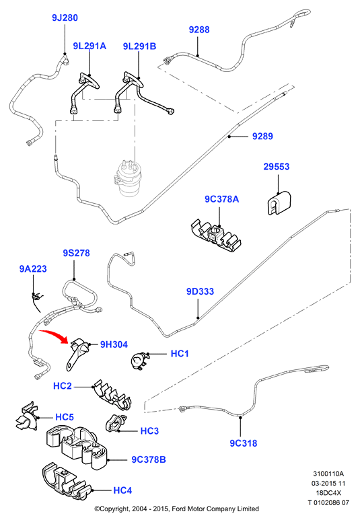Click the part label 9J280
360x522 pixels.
(65, 17)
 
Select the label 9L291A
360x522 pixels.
(89, 46)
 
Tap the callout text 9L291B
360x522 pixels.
(139, 46)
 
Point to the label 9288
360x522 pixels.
(199, 30)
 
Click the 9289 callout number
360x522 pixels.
(262, 136)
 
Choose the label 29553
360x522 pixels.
(277, 166)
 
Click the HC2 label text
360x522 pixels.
(63, 386)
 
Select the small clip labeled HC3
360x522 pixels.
(116, 424)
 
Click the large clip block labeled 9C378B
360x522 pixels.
(77, 447)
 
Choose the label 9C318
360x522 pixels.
(244, 443)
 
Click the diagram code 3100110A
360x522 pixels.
(328, 474)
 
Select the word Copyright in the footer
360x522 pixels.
(112, 509)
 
